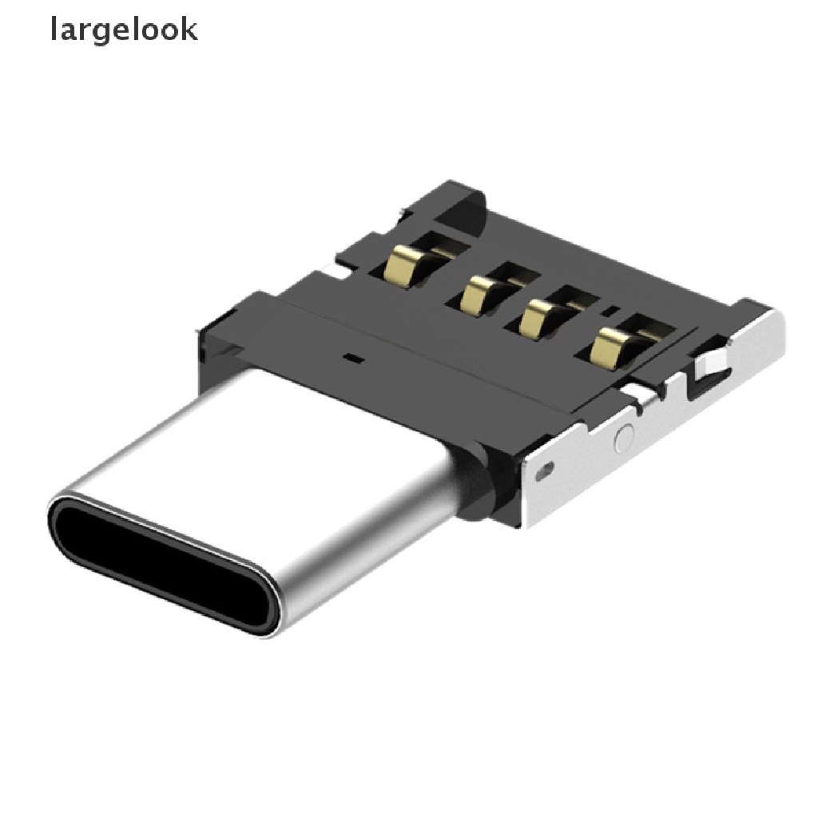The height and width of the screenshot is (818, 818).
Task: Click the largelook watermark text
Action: pos(124,30)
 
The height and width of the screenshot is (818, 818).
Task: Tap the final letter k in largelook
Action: pos(189,29)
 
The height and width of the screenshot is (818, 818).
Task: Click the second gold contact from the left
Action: pos(477,295)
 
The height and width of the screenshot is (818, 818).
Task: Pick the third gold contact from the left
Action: pos(533,319)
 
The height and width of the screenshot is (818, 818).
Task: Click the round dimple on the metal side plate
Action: pos(625,437)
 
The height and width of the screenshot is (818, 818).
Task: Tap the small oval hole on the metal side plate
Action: pos(546,471)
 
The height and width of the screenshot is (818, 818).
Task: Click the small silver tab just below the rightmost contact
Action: pos(643,393)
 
